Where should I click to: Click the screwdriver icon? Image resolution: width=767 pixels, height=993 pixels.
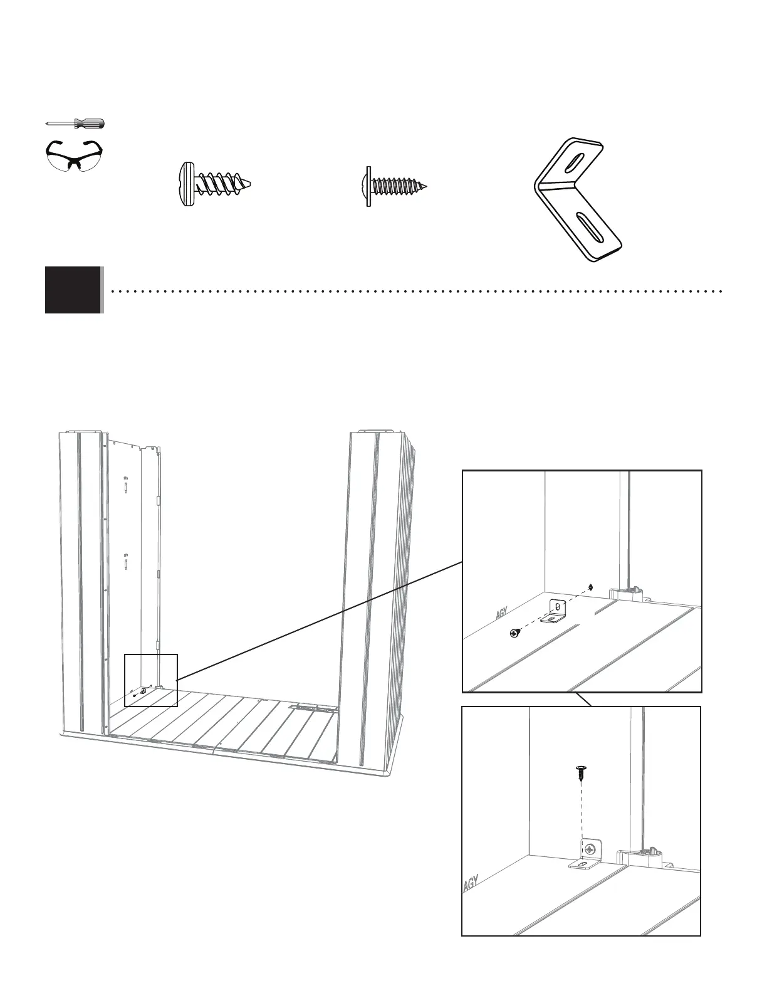75,123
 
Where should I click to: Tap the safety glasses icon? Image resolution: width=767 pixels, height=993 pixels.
75,155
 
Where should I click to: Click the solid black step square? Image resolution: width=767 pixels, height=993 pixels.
73,290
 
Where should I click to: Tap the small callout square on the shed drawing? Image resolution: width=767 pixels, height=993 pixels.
151,680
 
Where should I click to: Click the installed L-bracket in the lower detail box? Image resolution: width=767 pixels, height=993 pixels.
590,854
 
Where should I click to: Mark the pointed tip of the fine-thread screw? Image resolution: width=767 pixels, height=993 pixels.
430,186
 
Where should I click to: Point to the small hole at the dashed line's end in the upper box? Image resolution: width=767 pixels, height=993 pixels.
592,587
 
